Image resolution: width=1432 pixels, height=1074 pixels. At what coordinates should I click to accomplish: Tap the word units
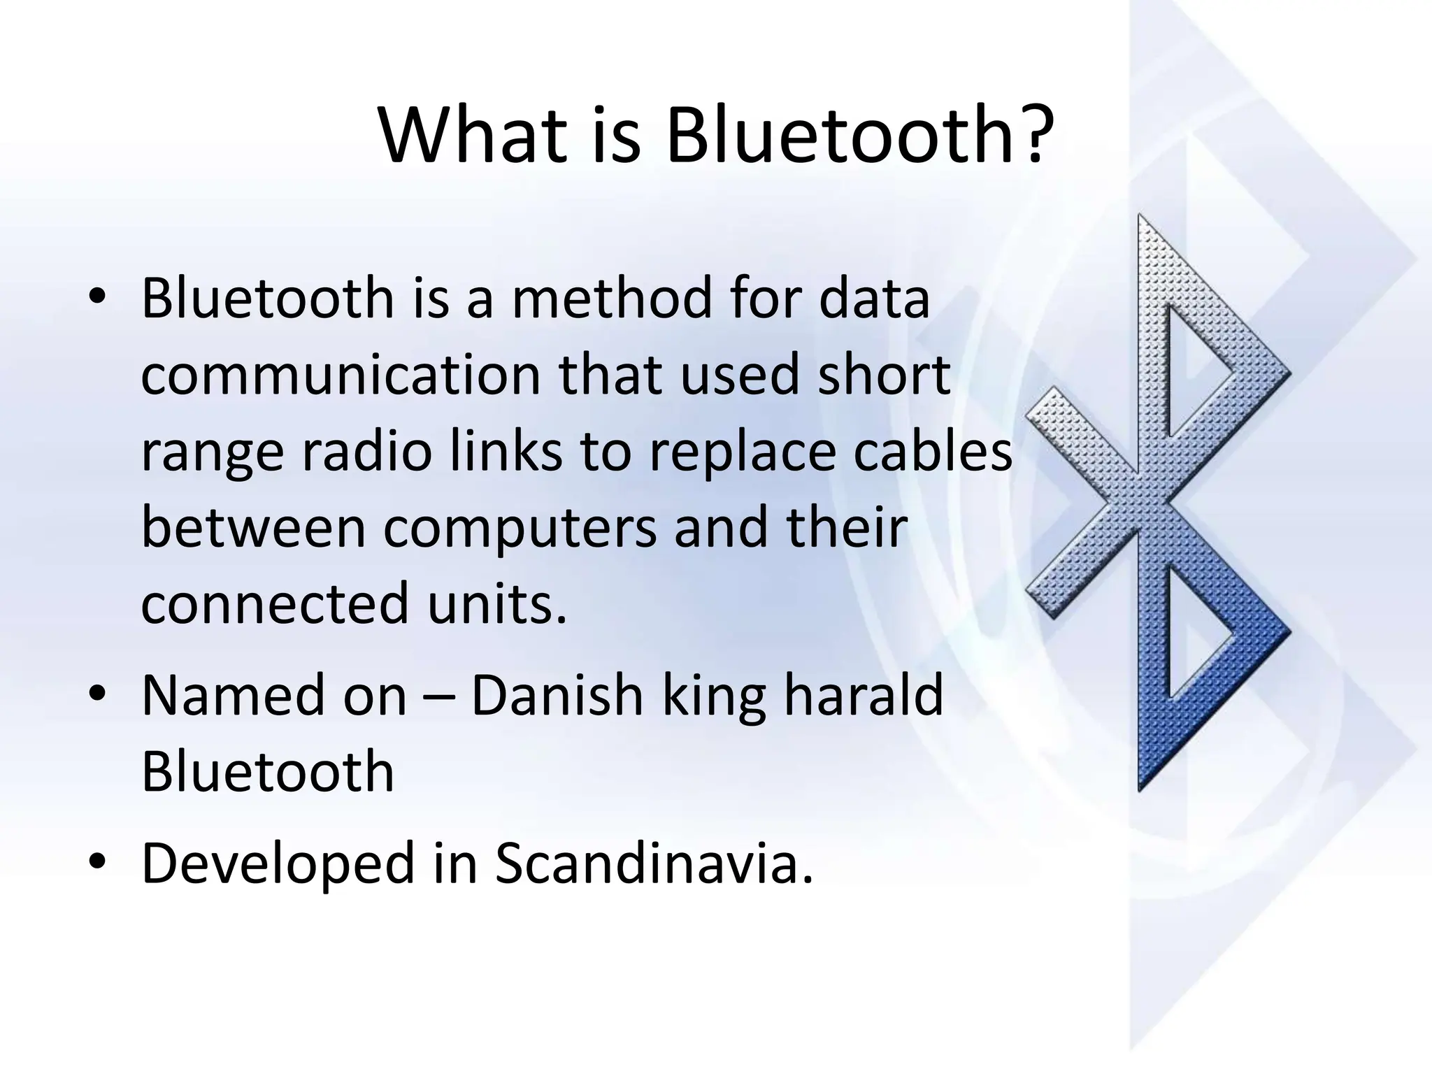pos(496,604)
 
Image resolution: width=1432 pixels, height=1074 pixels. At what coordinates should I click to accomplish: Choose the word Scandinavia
pos(654,864)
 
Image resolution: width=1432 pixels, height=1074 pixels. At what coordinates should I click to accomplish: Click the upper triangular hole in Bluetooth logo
pos(1192,371)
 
